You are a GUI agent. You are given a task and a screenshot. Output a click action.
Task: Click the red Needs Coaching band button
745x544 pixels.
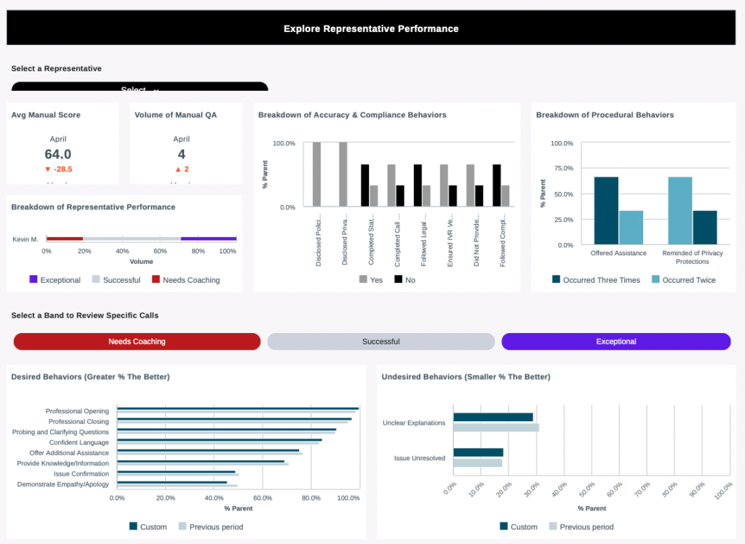[137, 342]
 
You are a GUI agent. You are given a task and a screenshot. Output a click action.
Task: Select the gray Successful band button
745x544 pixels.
[381, 342]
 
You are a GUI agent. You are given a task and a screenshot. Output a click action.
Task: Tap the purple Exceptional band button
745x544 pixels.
[615, 342]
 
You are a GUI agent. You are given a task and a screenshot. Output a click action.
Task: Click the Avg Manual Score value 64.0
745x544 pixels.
[57, 154]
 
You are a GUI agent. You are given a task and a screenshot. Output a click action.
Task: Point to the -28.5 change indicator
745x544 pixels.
[58, 169]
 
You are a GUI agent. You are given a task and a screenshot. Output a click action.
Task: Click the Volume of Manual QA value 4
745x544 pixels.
[181, 154]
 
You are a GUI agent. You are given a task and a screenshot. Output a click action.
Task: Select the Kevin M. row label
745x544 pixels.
[25, 239]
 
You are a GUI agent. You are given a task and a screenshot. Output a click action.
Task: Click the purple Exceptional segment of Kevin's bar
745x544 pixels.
[208, 239]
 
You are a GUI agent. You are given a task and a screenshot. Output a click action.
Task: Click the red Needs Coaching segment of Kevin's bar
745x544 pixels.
[65, 239]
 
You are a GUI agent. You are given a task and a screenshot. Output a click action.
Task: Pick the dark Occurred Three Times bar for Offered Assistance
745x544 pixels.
[606, 211]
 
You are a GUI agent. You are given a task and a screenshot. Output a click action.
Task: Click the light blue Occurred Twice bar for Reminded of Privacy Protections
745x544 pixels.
[680, 211]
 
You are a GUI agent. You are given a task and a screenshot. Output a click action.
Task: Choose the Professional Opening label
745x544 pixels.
[77, 411]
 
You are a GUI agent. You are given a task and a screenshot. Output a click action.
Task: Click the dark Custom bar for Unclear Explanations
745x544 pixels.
[493, 417]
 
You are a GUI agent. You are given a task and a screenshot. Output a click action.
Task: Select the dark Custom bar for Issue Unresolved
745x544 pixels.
[478, 452]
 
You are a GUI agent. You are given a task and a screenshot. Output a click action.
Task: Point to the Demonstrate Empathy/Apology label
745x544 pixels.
[63, 484]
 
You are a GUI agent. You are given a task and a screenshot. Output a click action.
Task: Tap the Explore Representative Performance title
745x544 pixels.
[371, 29]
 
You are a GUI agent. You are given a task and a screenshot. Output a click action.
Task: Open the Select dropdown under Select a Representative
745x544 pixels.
[139, 88]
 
